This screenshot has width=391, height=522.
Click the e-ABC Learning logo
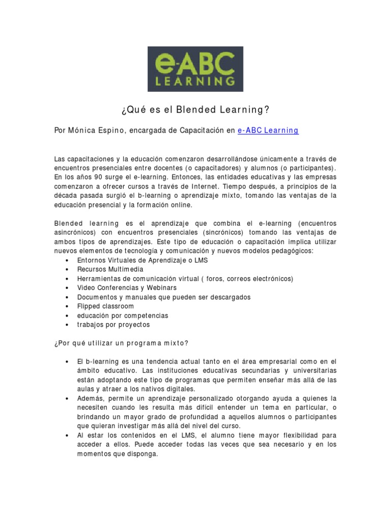(x=195, y=69)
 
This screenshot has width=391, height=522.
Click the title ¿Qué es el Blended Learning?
(x=195, y=111)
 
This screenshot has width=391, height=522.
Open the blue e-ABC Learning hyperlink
(x=268, y=130)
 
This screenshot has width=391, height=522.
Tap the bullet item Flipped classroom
(x=105, y=306)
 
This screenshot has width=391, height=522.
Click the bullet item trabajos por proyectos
(x=114, y=325)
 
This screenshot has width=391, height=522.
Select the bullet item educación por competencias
(x=123, y=316)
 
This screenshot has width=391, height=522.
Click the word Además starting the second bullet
(x=90, y=398)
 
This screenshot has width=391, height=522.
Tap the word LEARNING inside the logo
(x=195, y=80)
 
